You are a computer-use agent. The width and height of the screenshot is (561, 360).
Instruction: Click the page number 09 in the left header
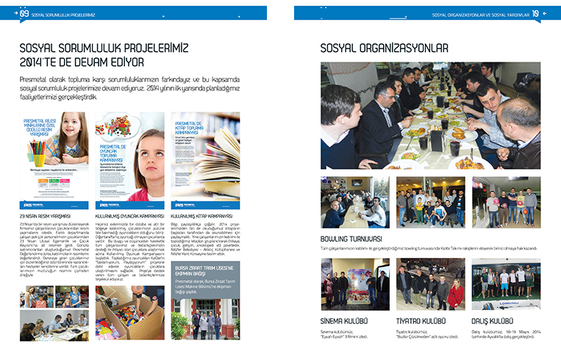[24, 12]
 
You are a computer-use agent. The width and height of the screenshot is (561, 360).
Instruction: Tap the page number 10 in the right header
[536, 12]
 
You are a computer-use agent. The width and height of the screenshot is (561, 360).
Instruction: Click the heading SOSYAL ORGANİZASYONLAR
[385, 49]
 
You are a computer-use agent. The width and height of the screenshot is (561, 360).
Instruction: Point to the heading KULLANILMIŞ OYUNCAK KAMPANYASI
[129, 216]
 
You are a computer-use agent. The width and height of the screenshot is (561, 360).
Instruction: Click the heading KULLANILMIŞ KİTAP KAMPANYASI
[201, 216]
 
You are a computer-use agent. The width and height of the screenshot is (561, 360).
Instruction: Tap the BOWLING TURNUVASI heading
[351, 239]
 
